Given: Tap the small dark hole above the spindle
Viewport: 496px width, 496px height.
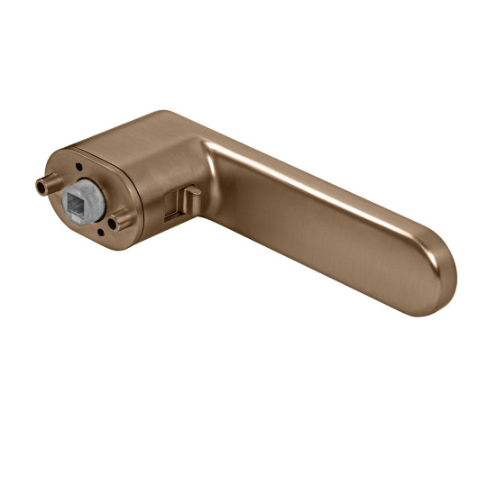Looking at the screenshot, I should (80, 166).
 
